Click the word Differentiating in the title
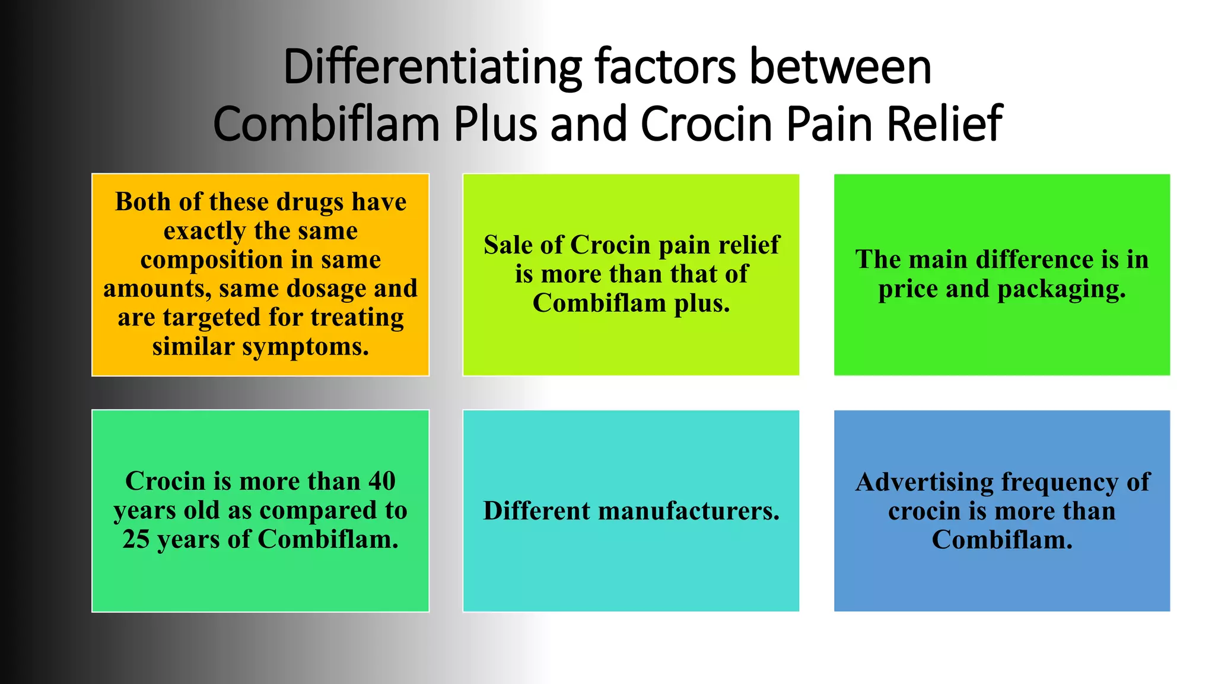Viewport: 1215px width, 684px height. pos(432,67)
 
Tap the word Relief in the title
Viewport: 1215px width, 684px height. pos(944,124)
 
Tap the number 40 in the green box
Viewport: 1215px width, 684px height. pos(381,481)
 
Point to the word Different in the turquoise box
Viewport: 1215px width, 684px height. pos(536,511)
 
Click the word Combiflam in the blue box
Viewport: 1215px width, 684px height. pos(1001,540)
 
